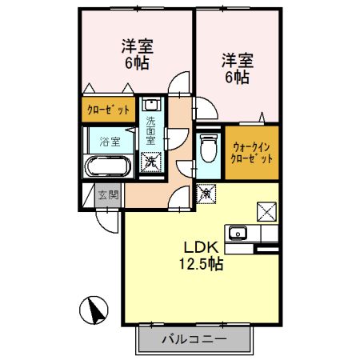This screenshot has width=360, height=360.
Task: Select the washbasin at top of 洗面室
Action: pos(150,105)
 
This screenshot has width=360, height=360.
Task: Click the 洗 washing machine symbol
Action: pos(150,161)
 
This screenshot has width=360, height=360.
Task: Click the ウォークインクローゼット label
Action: pos(251,152)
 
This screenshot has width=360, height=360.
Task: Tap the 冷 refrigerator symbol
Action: pos(205,193)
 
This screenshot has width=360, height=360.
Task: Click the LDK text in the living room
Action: pos(201,246)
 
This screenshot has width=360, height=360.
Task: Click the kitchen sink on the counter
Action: pos(238,234)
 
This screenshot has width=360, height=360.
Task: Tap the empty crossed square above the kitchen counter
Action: pos(266,212)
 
